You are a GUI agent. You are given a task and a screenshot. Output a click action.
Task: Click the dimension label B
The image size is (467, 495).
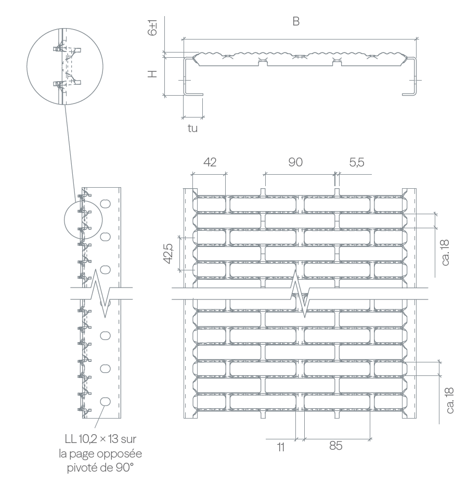point(296,21)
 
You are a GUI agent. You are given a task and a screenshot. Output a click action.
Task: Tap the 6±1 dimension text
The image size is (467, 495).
point(152,28)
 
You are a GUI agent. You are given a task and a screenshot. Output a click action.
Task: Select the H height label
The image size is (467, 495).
point(152,74)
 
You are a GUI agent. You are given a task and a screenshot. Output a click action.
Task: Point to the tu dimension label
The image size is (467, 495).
point(192,128)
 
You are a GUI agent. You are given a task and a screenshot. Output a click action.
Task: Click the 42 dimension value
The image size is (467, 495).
point(210,162)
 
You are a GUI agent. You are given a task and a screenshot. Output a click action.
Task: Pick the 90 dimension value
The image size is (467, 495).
point(295,162)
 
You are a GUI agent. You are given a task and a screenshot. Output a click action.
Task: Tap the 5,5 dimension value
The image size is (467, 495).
point(357,162)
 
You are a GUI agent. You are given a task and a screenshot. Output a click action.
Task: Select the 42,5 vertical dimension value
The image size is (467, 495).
point(168,254)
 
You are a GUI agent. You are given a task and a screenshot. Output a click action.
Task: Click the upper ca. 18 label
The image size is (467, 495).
point(445,253)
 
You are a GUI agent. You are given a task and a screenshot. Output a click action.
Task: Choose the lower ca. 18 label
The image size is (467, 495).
point(450,400)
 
